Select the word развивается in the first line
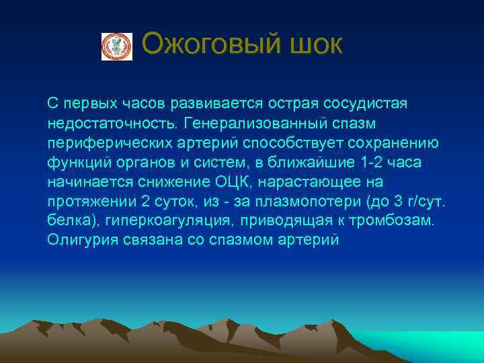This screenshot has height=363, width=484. point(206,104)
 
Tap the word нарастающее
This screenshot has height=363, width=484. point(319,182)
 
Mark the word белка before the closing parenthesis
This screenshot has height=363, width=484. point(67,221)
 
